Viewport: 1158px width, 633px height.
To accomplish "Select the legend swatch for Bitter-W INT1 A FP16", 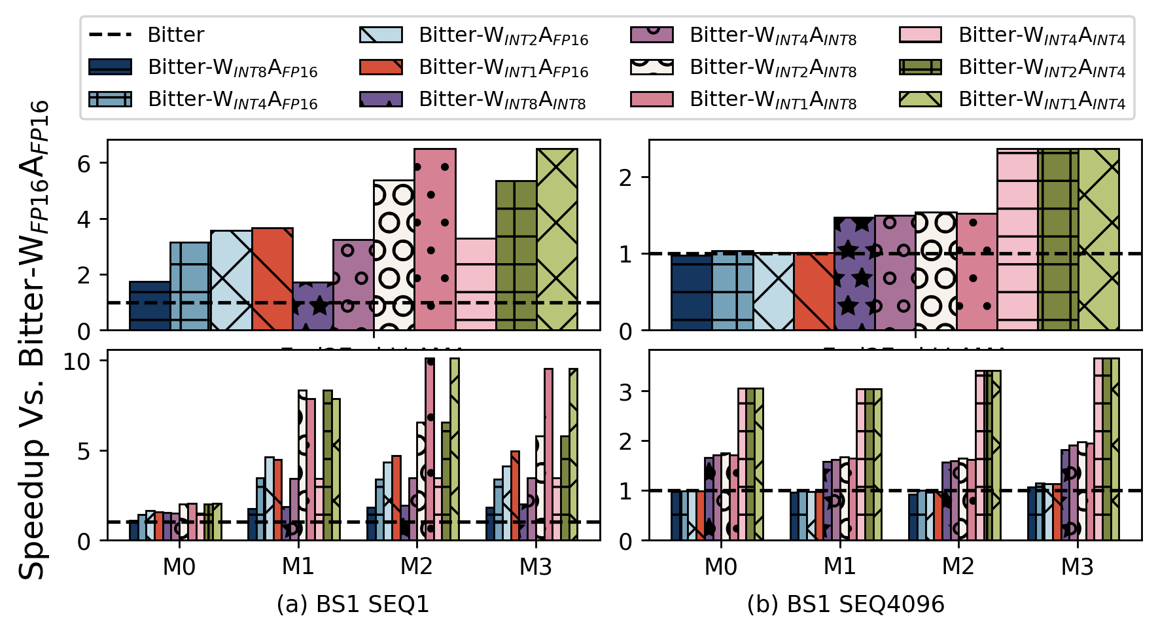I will tap(381, 67).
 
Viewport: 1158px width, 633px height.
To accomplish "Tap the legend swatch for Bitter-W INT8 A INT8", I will tap(381, 99).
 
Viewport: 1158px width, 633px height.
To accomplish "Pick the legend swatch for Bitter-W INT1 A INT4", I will tap(921, 99).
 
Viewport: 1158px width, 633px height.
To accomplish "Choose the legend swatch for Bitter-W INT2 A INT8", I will tap(652, 67).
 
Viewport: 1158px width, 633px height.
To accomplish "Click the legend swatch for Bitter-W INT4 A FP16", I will tap(110, 99).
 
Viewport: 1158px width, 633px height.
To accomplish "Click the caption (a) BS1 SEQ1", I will tap(353, 604).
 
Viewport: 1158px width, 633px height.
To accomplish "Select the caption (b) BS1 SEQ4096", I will tap(845, 604).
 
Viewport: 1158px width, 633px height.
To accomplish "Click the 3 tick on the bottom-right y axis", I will tap(625, 391).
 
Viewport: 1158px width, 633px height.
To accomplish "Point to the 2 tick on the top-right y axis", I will tap(625, 177).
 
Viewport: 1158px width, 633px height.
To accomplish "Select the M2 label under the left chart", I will tap(416, 566).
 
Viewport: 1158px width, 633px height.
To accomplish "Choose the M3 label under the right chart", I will tap(1077, 566).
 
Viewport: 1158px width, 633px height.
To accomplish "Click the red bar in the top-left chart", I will tap(272, 279).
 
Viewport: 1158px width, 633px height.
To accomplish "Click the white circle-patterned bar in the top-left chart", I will tap(394, 255).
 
